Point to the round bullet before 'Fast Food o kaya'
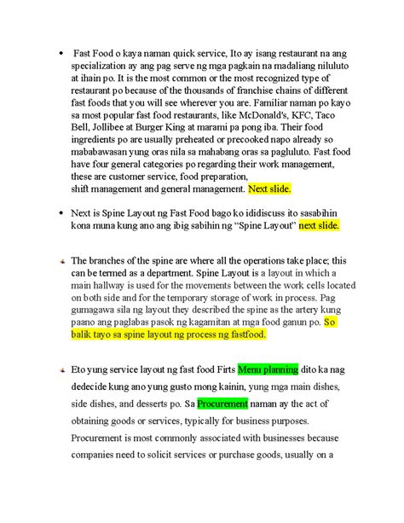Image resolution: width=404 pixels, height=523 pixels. (61, 55)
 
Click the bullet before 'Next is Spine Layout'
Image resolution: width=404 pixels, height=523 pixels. (61, 212)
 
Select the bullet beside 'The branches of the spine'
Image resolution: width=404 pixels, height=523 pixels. (61, 261)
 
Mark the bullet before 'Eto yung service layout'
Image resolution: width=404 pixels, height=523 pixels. (61, 371)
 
